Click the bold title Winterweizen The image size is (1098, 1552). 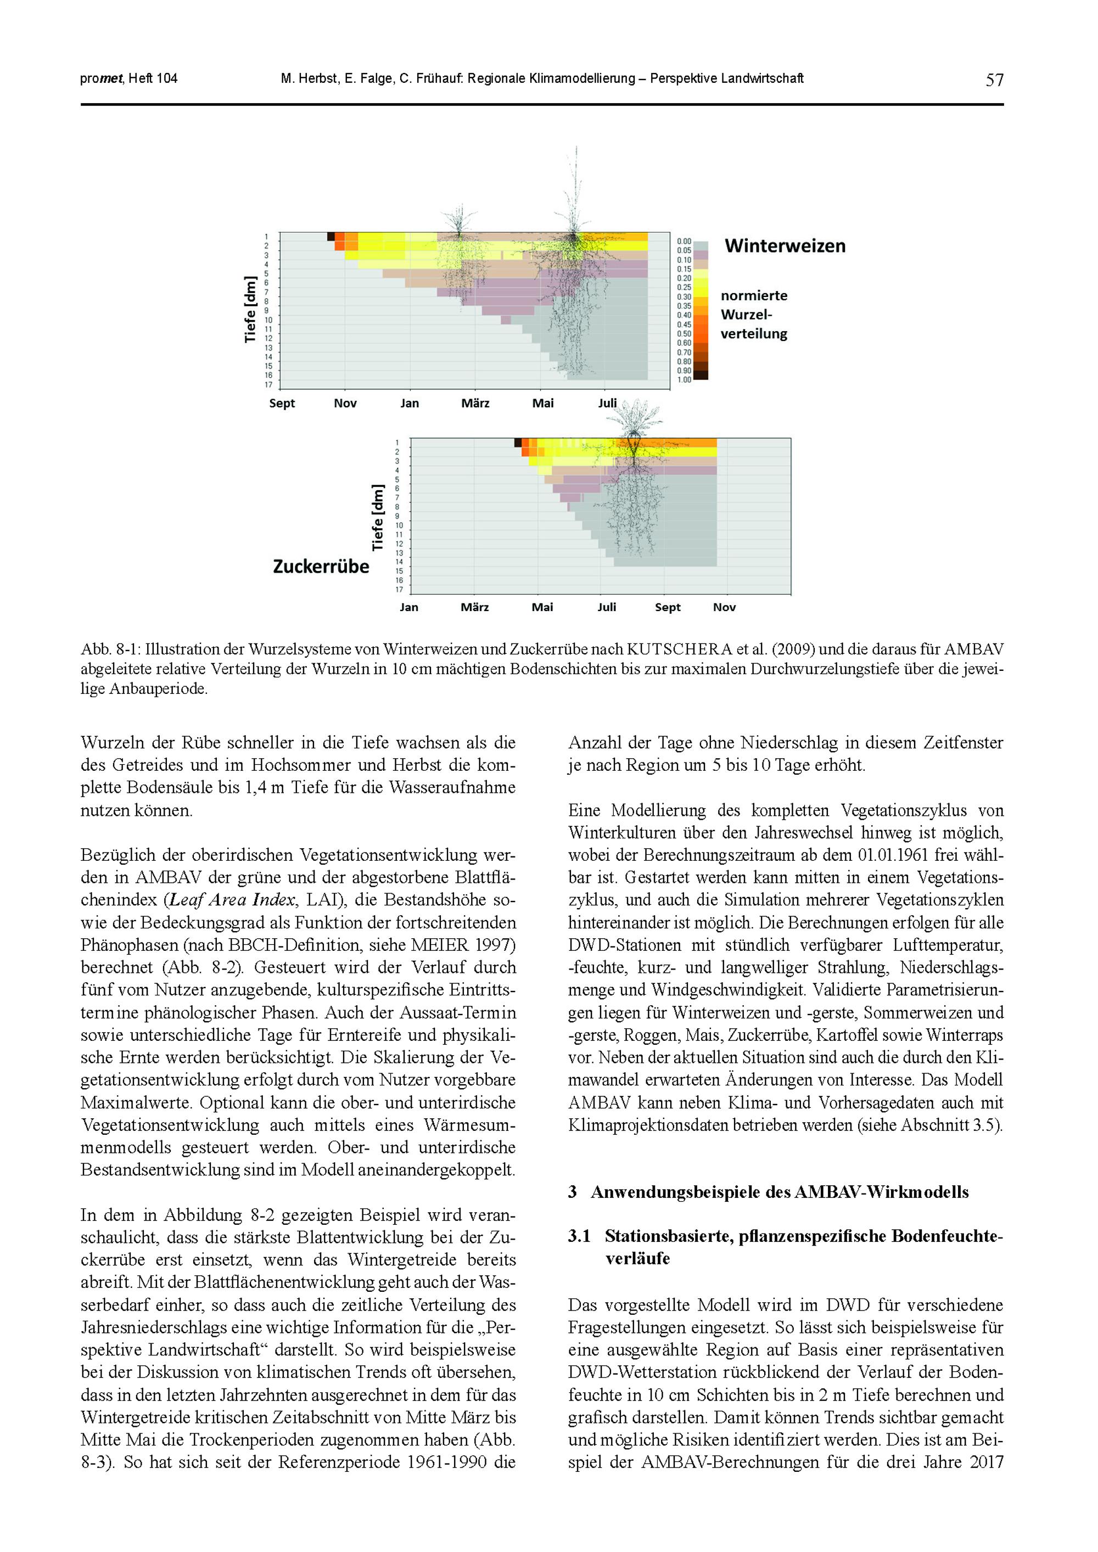click(785, 246)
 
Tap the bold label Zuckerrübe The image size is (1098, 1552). click(321, 567)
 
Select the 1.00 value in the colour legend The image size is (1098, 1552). click(684, 380)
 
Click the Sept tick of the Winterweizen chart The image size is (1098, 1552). click(282, 404)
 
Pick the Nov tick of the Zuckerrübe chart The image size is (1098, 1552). click(724, 608)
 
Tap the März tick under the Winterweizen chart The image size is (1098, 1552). click(475, 404)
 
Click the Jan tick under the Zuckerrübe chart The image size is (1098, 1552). click(409, 608)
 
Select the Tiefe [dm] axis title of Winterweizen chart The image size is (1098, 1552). click(250, 310)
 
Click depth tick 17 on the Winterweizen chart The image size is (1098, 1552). click(268, 385)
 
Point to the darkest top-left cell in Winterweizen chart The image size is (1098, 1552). click(331, 237)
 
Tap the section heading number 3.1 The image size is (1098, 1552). click(579, 1236)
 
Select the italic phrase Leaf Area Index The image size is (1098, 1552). click(232, 900)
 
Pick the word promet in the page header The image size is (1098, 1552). click(102, 79)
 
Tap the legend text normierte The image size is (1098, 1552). click(754, 296)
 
